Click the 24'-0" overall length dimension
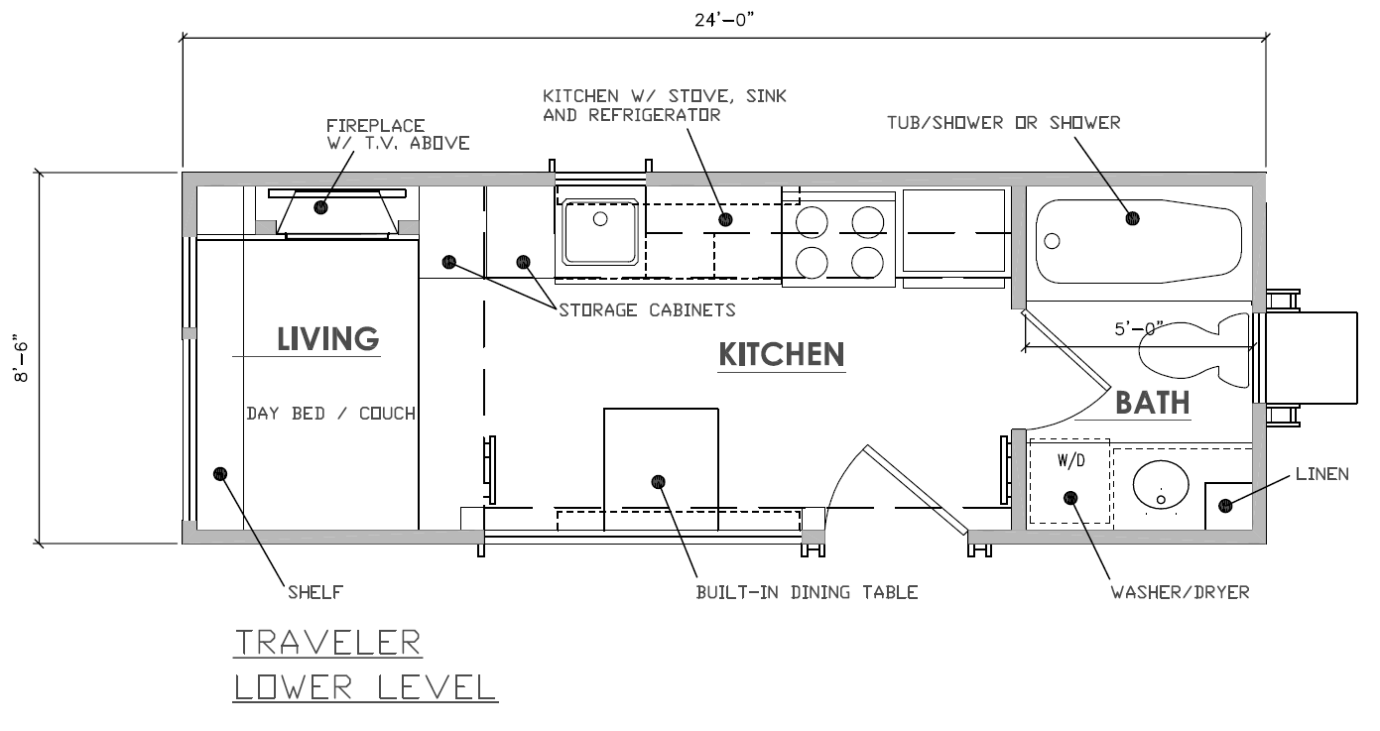point(724,20)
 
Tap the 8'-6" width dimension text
point(22,358)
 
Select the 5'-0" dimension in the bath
point(1139,328)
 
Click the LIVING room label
point(327,339)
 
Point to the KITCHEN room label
point(781,355)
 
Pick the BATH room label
point(1152,404)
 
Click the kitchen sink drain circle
point(600,218)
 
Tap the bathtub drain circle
point(1053,241)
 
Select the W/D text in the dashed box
point(1071,460)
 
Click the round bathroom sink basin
point(1161,485)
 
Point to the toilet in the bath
point(1193,350)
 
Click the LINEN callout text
point(1321,474)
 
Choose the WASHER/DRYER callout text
point(1180,592)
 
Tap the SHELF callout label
point(315,592)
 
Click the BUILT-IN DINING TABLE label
point(807,592)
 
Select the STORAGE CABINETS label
point(647,309)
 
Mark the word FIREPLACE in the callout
point(375,126)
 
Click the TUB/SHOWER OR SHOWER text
point(1004,123)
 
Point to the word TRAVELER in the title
point(327,643)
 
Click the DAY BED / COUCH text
point(330,414)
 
